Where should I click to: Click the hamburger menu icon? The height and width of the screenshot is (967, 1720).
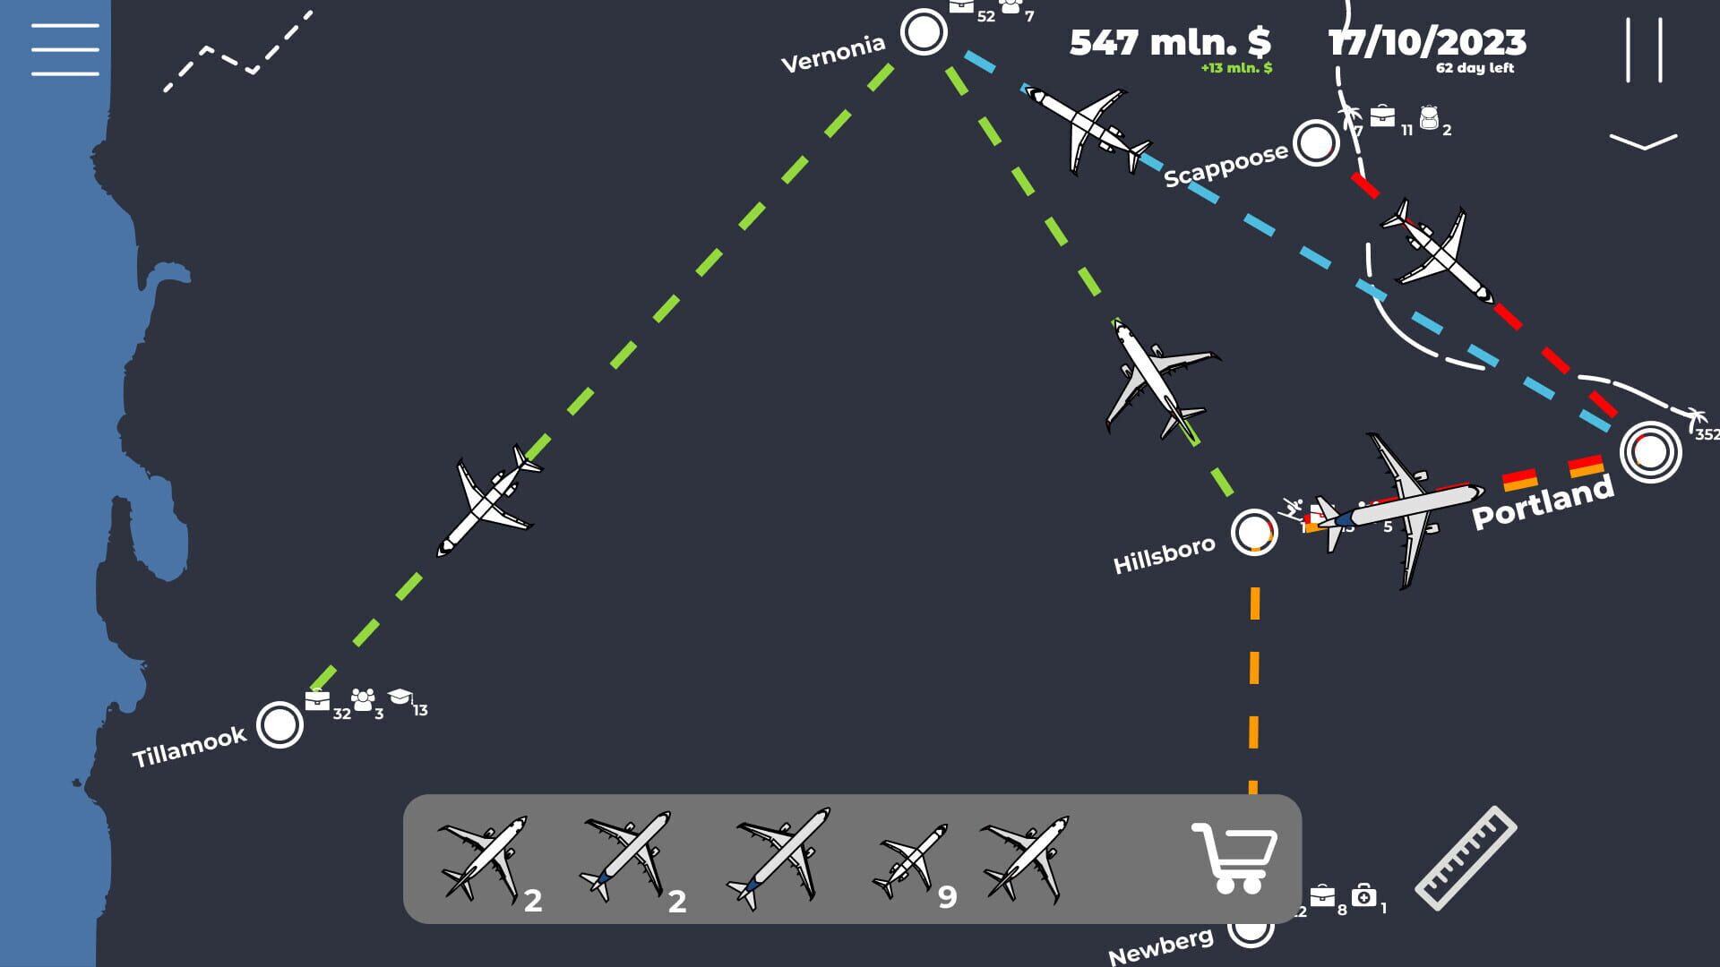pyautogui.click(x=64, y=49)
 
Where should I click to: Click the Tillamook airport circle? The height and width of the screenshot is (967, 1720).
pyautogui.click(x=279, y=724)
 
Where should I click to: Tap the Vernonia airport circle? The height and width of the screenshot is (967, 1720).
pyautogui.click(x=924, y=32)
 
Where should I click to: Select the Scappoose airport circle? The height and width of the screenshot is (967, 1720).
pyautogui.click(x=1316, y=142)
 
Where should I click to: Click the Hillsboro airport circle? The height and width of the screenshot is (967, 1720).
pyautogui.click(x=1253, y=533)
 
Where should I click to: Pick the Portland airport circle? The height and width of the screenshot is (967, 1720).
pyautogui.click(x=1651, y=452)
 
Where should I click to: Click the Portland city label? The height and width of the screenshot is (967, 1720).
pyautogui.click(x=1543, y=503)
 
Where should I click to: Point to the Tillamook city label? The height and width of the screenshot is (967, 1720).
pyautogui.click(x=189, y=747)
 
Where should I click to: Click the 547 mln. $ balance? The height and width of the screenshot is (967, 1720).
pyautogui.click(x=1170, y=42)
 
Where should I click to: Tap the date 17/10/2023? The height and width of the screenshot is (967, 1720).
pyautogui.click(x=1427, y=42)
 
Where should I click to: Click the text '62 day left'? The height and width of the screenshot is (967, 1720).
pyautogui.click(x=1475, y=68)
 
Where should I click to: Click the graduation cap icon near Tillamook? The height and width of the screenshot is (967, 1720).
pyautogui.click(x=400, y=697)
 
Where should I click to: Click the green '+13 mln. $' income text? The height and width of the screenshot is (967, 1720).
pyautogui.click(x=1236, y=68)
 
